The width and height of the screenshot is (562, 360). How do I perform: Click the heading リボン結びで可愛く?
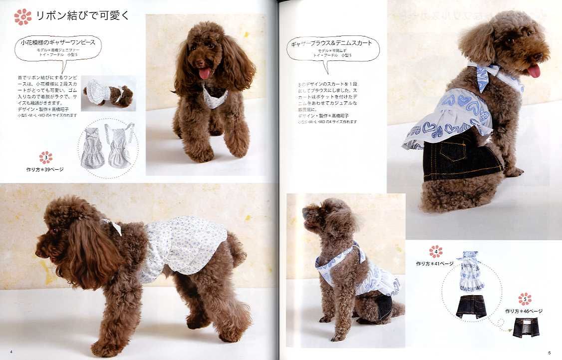point(83,16)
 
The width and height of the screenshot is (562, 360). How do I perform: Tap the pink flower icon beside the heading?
point(22,16)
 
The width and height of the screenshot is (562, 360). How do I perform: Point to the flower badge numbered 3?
point(46,158)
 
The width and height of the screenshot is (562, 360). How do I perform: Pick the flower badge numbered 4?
point(436,252)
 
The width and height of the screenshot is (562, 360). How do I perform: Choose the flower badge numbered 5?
point(525,299)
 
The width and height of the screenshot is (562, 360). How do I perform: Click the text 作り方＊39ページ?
point(45,169)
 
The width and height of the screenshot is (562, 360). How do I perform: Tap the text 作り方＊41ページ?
point(434,263)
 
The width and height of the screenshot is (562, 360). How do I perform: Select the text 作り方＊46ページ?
point(524,311)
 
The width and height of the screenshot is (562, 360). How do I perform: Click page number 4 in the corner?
point(11,353)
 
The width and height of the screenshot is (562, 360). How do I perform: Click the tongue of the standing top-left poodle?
point(205,74)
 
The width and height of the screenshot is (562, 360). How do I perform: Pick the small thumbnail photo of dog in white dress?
point(108,93)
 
